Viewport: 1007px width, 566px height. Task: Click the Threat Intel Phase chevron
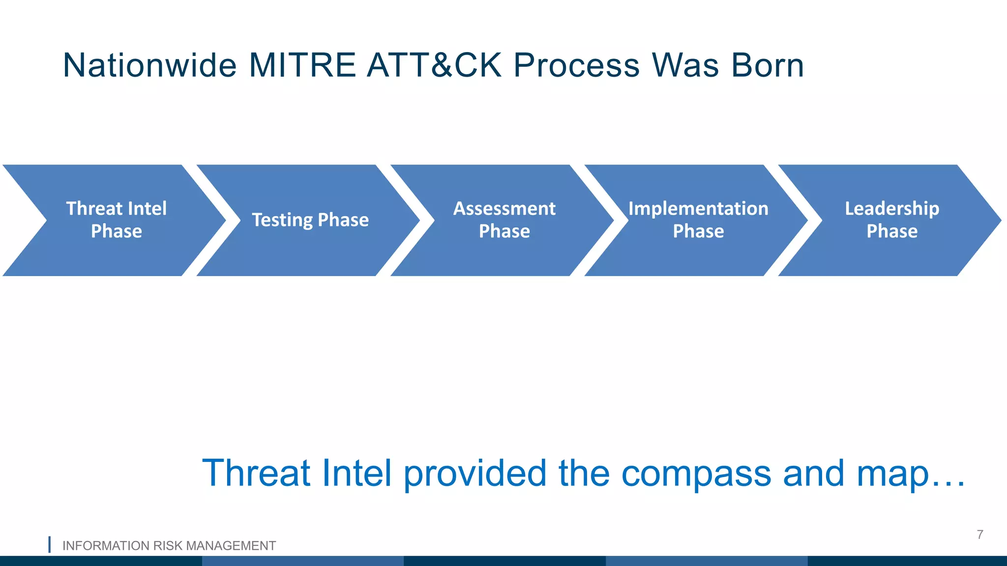[x=117, y=220]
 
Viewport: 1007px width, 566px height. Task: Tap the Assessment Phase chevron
[x=504, y=220]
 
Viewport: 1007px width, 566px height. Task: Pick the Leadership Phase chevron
[x=892, y=220]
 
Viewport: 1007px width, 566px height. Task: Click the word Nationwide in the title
[x=150, y=65]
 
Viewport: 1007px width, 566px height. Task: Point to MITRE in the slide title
[x=302, y=65]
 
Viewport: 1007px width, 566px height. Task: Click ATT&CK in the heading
[x=435, y=65]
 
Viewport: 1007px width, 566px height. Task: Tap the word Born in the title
[x=767, y=65]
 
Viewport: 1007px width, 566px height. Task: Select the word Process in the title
[x=576, y=65]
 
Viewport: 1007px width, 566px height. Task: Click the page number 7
[x=979, y=535]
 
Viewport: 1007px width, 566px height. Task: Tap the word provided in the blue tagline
[x=475, y=473]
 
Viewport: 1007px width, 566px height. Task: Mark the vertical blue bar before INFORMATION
[x=50, y=544]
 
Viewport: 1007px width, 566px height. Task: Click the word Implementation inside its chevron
[x=698, y=209]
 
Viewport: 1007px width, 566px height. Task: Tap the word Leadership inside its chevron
[x=892, y=209]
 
